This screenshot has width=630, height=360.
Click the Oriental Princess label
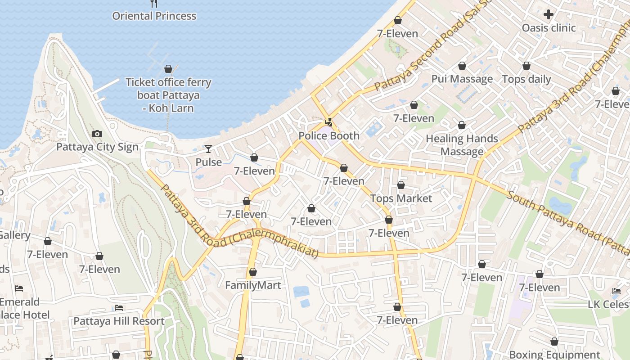tap(154, 16)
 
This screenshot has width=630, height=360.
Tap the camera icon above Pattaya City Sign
tap(97, 134)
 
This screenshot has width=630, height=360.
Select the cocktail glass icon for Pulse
tap(208, 149)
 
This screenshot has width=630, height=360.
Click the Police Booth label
tap(329, 136)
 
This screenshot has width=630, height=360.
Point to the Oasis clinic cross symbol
tap(548, 14)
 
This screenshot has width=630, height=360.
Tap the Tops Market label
tap(401, 198)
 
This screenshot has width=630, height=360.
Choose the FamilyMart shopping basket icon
tap(253, 272)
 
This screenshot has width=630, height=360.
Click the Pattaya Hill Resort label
tap(119, 321)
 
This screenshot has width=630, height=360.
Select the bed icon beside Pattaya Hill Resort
tap(119, 308)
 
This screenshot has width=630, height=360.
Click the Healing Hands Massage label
tap(462, 145)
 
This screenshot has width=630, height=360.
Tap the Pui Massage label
tap(462, 79)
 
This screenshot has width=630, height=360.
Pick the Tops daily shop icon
tap(526, 66)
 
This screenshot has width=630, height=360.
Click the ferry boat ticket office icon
tap(168, 69)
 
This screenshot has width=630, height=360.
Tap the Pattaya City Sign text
tap(97, 147)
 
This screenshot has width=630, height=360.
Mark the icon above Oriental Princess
tap(154, 4)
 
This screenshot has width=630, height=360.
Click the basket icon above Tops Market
tap(401, 185)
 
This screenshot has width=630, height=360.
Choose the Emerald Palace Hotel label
tap(20, 308)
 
